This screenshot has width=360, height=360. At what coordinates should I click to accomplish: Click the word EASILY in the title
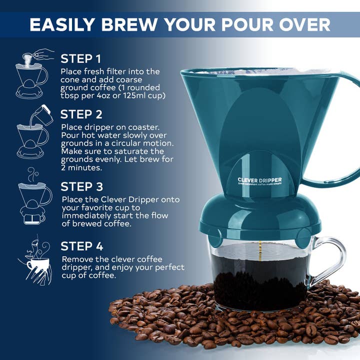coord(60,24)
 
